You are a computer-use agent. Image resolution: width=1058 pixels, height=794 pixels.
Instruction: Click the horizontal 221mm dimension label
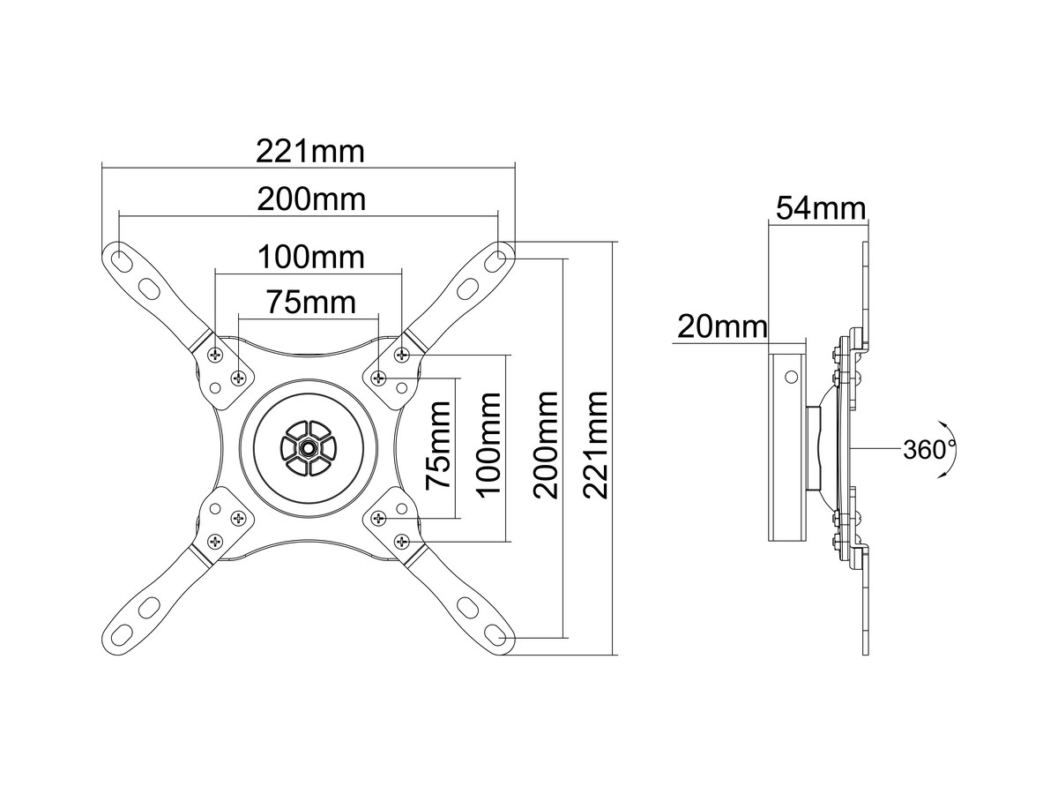pyautogui.click(x=309, y=151)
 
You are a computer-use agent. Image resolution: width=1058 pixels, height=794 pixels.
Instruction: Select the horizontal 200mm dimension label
pyautogui.click(x=311, y=199)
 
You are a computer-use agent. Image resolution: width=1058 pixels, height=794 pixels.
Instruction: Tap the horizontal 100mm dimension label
pyautogui.click(x=310, y=258)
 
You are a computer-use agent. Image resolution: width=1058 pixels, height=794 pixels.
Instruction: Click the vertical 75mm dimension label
pyautogui.click(x=438, y=446)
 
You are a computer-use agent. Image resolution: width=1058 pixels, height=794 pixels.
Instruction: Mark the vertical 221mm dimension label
pyautogui.click(x=597, y=445)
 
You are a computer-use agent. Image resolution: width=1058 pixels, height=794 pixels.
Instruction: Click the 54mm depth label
pyautogui.click(x=820, y=209)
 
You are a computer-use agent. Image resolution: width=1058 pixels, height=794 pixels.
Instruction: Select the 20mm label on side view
pyautogui.click(x=721, y=327)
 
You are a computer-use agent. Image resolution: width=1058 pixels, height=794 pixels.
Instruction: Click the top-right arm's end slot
pyautogui.click(x=499, y=258)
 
